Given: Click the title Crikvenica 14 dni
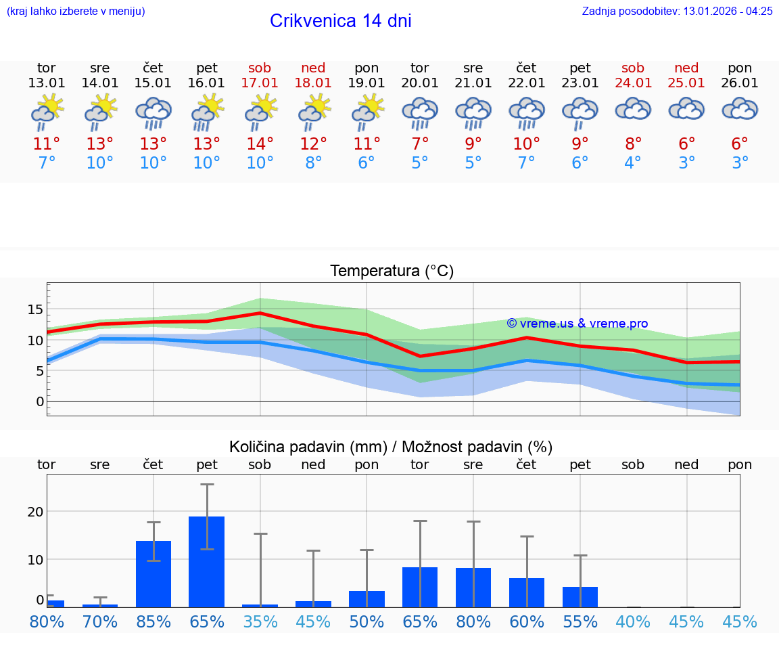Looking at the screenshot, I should pyautogui.click(x=340, y=21).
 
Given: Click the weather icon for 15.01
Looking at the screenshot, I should pyautogui.click(x=154, y=112).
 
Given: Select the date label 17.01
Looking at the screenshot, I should pyautogui.click(x=260, y=83).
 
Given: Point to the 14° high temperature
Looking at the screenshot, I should pyautogui.click(x=260, y=144).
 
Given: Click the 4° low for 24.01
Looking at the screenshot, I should pyautogui.click(x=633, y=163).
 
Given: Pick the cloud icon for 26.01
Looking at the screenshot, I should pyautogui.click(x=740, y=109).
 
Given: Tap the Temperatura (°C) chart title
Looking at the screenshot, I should pyautogui.click(x=392, y=271).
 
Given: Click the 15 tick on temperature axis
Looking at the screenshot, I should pyautogui.click(x=35, y=309).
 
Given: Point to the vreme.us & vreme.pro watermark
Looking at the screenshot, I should pyautogui.click(x=577, y=324).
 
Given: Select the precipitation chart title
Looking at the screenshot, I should pyautogui.click(x=391, y=447).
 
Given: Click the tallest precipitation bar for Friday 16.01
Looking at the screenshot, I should pyautogui.click(x=206, y=562).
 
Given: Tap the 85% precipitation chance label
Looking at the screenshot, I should pyautogui.click(x=154, y=621).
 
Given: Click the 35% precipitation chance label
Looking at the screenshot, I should pyautogui.click(x=260, y=621).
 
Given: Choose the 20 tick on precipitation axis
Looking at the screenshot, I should pyautogui.click(x=35, y=512).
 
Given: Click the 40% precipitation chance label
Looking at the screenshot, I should pyautogui.click(x=633, y=621).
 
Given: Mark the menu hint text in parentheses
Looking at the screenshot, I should pyautogui.click(x=76, y=11).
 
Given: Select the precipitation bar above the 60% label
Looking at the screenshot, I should pyautogui.click(x=527, y=592).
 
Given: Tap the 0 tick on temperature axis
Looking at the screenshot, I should pyautogui.click(x=39, y=401).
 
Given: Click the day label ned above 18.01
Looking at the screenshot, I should pyautogui.click(x=313, y=68).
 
